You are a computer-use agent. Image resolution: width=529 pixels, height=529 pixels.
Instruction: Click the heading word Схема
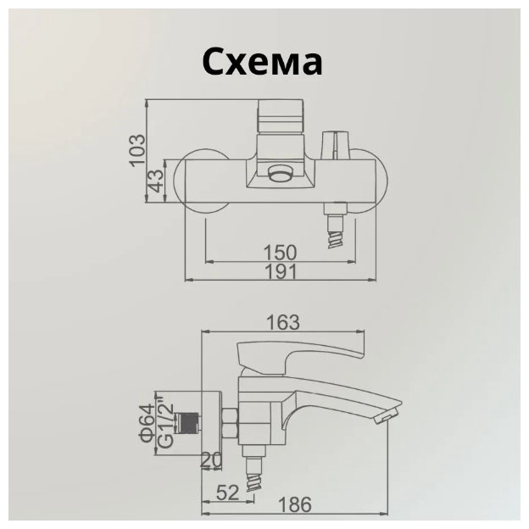(262, 61)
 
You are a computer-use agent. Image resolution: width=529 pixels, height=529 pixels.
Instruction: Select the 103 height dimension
(137, 150)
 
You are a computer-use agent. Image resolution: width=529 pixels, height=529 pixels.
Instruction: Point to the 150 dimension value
(280, 252)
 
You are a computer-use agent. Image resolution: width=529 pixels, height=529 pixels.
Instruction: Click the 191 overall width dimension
(281, 271)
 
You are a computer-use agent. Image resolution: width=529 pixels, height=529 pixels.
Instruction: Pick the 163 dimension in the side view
(282, 322)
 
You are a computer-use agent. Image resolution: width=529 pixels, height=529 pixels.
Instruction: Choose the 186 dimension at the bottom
(294, 505)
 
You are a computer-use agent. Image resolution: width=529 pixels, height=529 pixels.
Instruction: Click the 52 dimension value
(227, 493)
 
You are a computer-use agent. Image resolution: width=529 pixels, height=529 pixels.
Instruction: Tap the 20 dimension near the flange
(211, 459)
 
